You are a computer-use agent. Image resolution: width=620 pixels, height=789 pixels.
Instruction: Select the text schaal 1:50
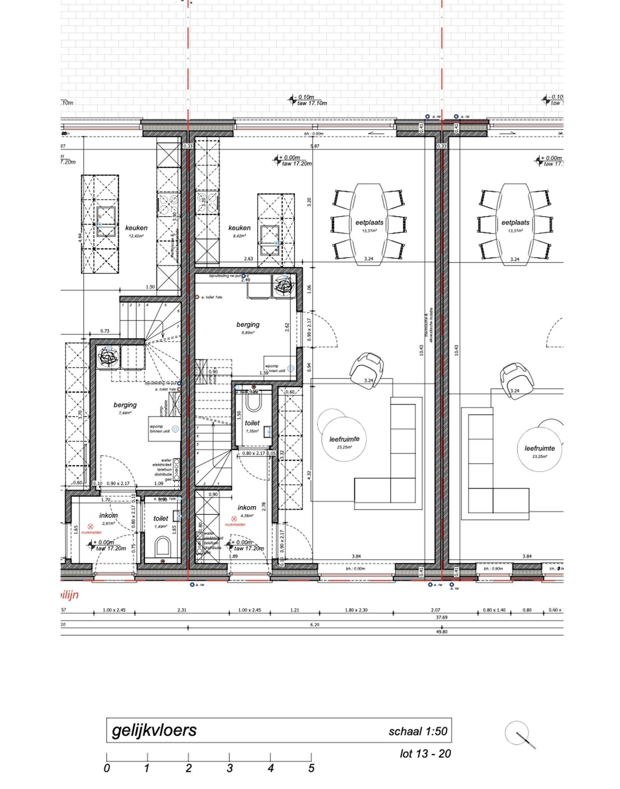pos(418,731)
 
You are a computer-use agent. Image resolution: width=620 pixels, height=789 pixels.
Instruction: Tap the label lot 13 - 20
pos(425,754)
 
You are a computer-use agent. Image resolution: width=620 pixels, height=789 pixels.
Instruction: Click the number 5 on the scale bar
pos(311,768)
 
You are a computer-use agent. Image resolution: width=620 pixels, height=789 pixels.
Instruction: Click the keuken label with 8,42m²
pos(239,228)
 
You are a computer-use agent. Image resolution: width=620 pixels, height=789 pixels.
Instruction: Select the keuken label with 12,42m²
pos(136,228)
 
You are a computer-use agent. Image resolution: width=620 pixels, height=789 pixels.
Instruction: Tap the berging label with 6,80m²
pos(248,325)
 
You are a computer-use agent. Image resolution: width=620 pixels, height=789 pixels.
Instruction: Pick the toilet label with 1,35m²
pos(252,423)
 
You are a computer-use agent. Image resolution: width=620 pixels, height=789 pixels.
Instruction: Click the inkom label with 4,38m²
pos(247,508)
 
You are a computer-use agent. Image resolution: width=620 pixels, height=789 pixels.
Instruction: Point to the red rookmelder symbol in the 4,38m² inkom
pos(234,520)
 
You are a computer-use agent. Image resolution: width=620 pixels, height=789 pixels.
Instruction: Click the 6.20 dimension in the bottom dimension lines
pos(315,625)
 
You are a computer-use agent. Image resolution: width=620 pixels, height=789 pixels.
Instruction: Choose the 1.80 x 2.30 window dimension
pos(356,610)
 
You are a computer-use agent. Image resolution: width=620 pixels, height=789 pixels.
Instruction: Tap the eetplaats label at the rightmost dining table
pos(515,223)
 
